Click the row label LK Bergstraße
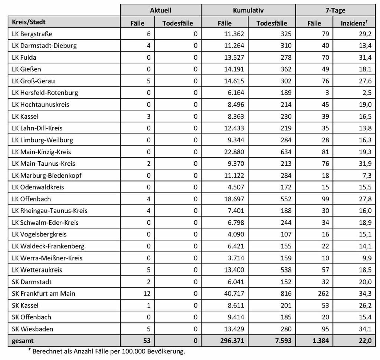pyautogui.click(x=32, y=34)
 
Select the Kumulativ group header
pyautogui.click(x=248, y=10)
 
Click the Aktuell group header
pyautogui.click(x=160, y=10)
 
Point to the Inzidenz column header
pyautogui.click(x=354, y=23)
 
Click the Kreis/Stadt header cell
pyautogui.click(x=29, y=22)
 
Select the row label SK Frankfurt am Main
pyautogui.click(x=43, y=293)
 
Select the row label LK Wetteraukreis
pyautogui.click(x=37, y=270)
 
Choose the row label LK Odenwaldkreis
pyautogui.click(x=38, y=187)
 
